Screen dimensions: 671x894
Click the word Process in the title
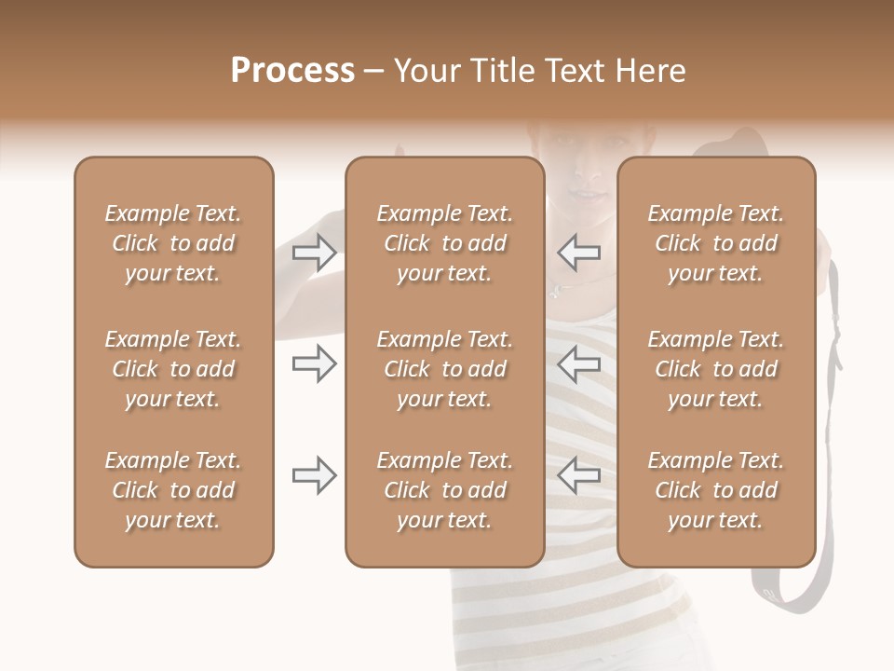point(292,71)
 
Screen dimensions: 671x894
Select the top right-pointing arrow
point(314,253)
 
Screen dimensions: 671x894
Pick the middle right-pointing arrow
point(314,363)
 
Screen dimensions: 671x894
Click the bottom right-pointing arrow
point(314,475)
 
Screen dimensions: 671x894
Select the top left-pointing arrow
point(579,253)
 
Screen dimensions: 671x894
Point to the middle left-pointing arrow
point(579,363)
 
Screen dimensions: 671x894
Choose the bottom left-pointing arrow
point(579,475)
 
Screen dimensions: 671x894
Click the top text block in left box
point(173,243)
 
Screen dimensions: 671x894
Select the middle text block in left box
point(173,369)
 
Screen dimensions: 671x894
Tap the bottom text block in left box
point(173,490)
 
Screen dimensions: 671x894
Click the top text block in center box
point(444,243)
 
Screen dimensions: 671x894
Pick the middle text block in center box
point(444,369)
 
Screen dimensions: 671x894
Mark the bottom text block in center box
point(444,490)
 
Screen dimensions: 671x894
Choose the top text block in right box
point(716,243)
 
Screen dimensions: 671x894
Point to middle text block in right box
point(716,369)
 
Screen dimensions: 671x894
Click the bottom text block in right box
point(716,490)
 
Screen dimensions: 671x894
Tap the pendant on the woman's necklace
point(555,290)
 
